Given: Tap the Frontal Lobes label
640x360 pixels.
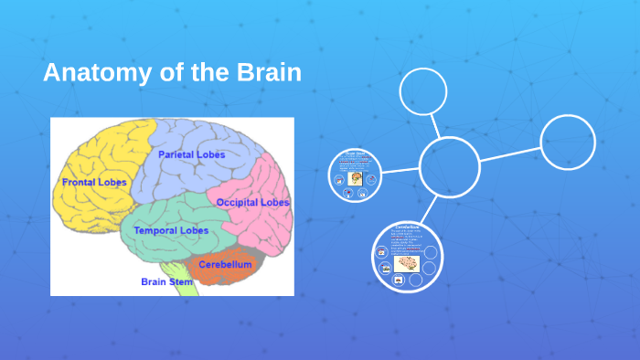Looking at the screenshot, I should tap(93, 183).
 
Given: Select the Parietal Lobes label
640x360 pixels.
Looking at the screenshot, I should tap(191, 154).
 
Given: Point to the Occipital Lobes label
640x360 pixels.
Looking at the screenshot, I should tap(253, 202).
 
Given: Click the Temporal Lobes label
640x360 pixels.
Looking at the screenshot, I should tap(171, 230).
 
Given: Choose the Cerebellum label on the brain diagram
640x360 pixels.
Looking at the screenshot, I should tap(225, 264).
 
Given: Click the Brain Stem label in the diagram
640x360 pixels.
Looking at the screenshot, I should tap(167, 281).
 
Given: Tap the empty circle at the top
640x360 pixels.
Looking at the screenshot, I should tap(423, 92).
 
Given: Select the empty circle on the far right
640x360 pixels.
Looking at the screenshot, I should tap(568, 143).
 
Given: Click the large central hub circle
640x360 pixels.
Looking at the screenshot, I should tap(449, 166).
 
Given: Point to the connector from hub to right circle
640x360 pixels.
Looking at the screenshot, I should tap(510, 154).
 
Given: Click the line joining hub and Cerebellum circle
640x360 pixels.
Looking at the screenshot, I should tap(427, 208).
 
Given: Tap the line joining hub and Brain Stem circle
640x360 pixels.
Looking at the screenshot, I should tap(400, 171).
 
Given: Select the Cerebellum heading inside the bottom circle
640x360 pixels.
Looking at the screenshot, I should tap(406, 227).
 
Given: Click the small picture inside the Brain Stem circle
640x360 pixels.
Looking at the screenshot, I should tap(355, 179).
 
